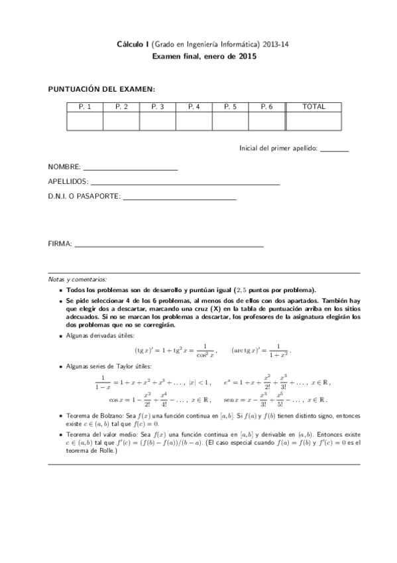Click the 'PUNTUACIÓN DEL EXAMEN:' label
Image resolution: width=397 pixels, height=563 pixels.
coord(101,88)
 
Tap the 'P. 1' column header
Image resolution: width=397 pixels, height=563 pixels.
coord(85,106)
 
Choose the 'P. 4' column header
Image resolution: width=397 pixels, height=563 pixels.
coord(194,106)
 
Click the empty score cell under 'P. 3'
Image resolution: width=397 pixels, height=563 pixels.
coord(157,121)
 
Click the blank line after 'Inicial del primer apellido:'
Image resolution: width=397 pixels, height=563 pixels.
coord(334,150)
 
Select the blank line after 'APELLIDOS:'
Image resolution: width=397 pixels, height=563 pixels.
coord(185,183)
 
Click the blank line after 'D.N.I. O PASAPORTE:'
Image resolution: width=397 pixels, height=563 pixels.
coord(180,198)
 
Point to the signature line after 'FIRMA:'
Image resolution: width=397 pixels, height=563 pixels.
coord(169,245)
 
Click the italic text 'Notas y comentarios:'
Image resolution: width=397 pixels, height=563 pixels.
coord(77,280)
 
